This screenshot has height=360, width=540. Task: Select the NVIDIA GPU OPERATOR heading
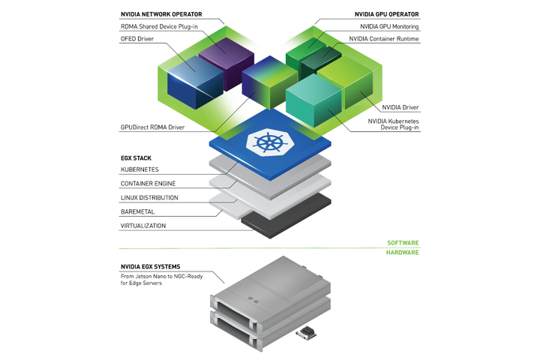pyautogui.click(x=386, y=13)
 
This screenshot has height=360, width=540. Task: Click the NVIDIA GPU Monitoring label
pyautogui.click(x=384, y=26)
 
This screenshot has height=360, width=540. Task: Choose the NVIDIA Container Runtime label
pyautogui.click(x=384, y=38)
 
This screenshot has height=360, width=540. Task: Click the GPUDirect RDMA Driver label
pyautogui.click(x=152, y=127)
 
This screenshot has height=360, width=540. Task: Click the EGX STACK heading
pyautogui.click(x=135, y=158)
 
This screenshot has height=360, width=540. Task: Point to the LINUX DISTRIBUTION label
pyautogui.click(x=149, y=197)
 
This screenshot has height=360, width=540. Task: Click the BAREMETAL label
pyautogui.click(x=137, y=211)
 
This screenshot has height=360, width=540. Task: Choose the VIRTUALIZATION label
pyautogui.click(x=143, y=225)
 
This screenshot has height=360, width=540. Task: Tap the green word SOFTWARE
pyautogui.click(x=403, y=243)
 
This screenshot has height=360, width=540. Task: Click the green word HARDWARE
pyautogui.click(x=403, y=253)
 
